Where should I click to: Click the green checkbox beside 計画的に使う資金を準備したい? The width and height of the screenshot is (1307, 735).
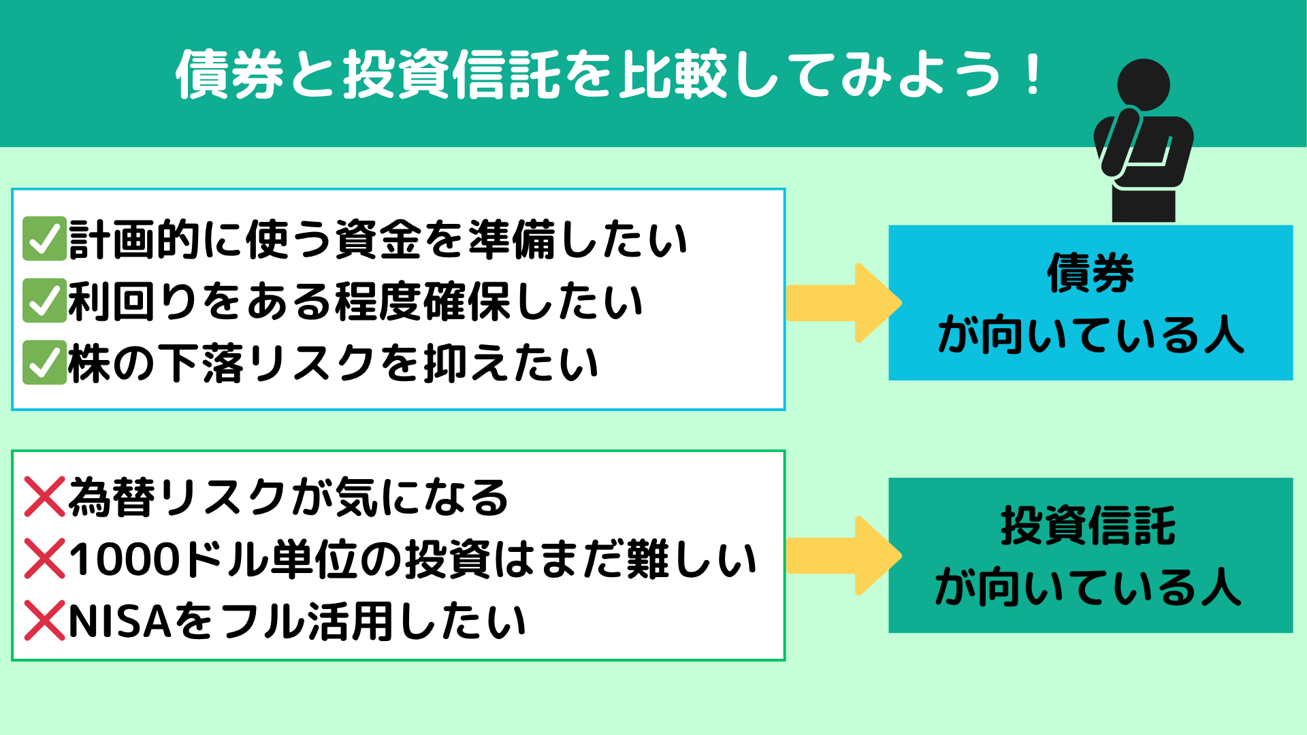44,239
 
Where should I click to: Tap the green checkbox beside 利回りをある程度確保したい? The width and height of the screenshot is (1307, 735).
44,301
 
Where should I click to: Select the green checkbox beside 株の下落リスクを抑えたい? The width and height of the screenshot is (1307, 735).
44,363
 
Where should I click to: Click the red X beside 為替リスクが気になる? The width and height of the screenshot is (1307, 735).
45,497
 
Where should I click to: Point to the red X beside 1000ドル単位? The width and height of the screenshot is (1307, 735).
45,559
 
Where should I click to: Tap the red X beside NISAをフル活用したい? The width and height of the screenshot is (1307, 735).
45,621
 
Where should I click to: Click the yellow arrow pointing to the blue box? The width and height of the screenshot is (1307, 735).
844,303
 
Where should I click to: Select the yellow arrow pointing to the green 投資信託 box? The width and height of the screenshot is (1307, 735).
844,556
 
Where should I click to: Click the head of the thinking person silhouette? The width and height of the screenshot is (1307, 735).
1144,85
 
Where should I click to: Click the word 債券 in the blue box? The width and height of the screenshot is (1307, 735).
1091,273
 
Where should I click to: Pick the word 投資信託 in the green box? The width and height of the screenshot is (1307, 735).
1088,525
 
